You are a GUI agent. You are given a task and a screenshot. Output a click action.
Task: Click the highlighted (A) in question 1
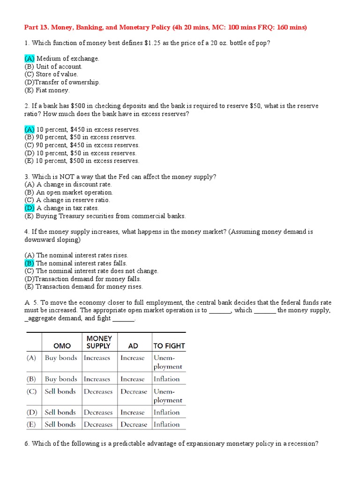coord(30,59)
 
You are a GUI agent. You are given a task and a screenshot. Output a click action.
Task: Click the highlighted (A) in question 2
coord(30,129)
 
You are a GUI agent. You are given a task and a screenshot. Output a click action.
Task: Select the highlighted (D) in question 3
coord(30,208)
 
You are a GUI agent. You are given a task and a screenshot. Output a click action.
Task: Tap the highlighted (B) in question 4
coord(30,263)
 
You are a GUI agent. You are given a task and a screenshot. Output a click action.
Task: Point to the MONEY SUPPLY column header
coord(99,342)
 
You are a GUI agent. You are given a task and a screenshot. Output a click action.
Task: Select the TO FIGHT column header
coord(169,346)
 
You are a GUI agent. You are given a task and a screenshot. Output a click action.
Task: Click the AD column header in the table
coord(133,346)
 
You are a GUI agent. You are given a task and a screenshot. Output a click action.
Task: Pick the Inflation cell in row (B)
coord(166,379)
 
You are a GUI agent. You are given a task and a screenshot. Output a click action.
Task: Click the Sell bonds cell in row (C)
coord(60,391)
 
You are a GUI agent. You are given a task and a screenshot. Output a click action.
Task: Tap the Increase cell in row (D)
coord(132,412)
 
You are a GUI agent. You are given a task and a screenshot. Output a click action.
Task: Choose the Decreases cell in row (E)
coord(98,424)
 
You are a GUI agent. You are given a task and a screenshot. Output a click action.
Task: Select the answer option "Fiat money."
coord(52,90)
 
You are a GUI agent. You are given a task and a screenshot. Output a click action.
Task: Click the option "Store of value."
coord(57,74)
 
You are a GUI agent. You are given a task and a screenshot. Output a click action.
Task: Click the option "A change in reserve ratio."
coord(73,200)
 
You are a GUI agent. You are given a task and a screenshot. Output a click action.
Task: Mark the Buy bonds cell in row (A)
coord(61,358)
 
